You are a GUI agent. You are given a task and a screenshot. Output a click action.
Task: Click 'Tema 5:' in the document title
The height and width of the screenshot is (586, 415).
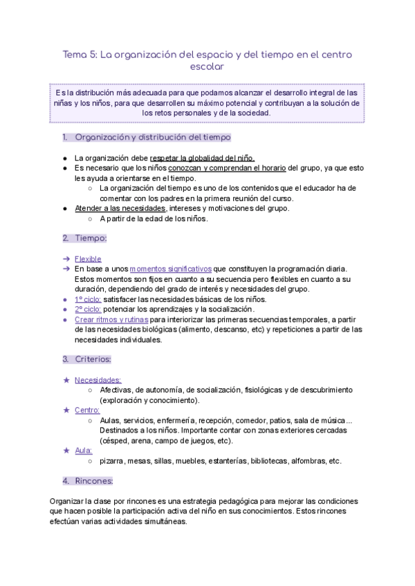(80, 54)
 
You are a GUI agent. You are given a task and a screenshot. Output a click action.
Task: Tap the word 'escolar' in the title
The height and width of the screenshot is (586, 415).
(207, 67)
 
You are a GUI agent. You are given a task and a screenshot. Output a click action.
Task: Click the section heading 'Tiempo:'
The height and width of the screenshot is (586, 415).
(91, 238)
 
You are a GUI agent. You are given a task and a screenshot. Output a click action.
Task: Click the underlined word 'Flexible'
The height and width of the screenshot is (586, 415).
(88, 258)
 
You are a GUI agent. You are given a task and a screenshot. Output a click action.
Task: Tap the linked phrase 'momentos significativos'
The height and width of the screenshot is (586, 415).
(170, 269)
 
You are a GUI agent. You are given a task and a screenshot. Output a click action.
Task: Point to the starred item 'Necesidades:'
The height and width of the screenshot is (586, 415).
(98, 379)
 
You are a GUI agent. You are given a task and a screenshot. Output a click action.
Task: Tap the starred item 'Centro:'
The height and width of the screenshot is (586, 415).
(87, 410)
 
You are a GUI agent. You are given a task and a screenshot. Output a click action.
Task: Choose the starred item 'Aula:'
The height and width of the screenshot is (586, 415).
(84, 451)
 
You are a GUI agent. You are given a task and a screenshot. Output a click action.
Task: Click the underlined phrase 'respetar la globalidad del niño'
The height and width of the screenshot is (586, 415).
(206, 158)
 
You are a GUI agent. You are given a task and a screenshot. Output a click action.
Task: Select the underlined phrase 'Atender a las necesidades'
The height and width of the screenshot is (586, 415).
(120, 209)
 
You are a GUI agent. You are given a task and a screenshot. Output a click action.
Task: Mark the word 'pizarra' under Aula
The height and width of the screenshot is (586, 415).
(113, 461)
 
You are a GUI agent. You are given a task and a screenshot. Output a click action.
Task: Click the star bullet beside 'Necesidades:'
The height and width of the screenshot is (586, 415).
(66, 379)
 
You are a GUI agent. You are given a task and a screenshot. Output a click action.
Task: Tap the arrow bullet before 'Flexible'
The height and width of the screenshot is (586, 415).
(66, 258)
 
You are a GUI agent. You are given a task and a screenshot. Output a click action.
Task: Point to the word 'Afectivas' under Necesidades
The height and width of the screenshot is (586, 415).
(116, 390)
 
